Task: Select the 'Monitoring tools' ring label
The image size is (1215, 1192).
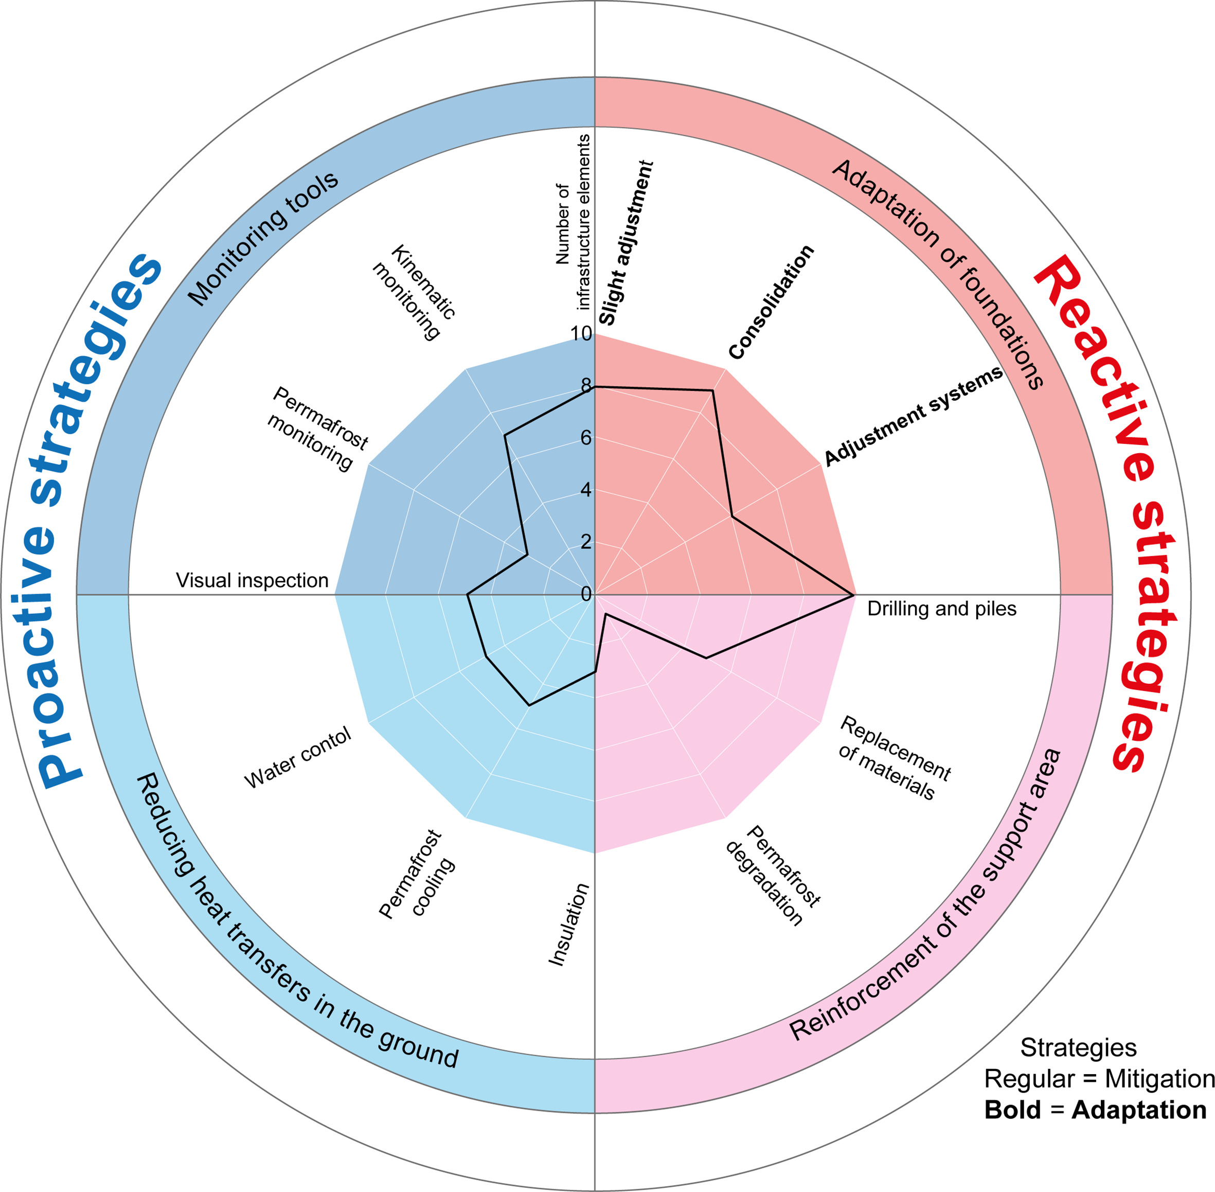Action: click(263, 238)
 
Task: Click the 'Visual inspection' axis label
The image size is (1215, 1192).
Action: click(252, 580)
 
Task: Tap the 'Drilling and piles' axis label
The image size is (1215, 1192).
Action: click(941, 609)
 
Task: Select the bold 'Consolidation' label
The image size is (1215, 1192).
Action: click(771, 303)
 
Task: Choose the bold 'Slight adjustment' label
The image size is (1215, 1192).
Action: click(626, 243)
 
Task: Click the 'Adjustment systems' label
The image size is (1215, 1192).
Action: click(913, 416)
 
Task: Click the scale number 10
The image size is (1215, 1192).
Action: click(581, 334)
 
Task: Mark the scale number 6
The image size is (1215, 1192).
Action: click(586, 438)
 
